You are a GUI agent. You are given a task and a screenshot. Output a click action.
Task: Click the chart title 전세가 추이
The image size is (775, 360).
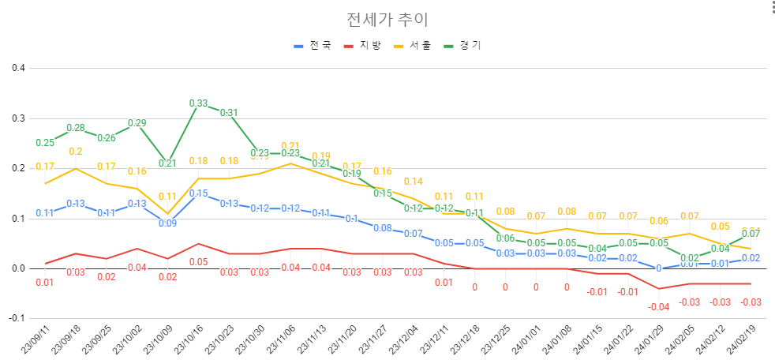point(387,19)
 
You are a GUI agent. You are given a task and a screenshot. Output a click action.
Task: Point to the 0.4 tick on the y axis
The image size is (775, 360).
point(18,68)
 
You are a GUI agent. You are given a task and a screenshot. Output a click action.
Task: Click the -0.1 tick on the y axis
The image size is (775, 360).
point(17,319)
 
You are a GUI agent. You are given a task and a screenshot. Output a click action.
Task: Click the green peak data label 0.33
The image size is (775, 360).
point(198,103)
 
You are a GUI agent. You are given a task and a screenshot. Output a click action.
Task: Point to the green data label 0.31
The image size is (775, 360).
point(228,113)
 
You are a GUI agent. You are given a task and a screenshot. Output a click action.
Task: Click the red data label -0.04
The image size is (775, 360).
point(658,306)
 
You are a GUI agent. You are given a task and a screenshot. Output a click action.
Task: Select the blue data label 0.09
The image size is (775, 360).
point(168,223)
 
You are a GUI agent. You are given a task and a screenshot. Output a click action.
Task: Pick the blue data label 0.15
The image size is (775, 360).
point(198,193)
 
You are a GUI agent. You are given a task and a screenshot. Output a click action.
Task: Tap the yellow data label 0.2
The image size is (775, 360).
point(76,152)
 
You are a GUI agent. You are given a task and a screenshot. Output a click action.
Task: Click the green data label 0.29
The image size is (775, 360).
point(137,123)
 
